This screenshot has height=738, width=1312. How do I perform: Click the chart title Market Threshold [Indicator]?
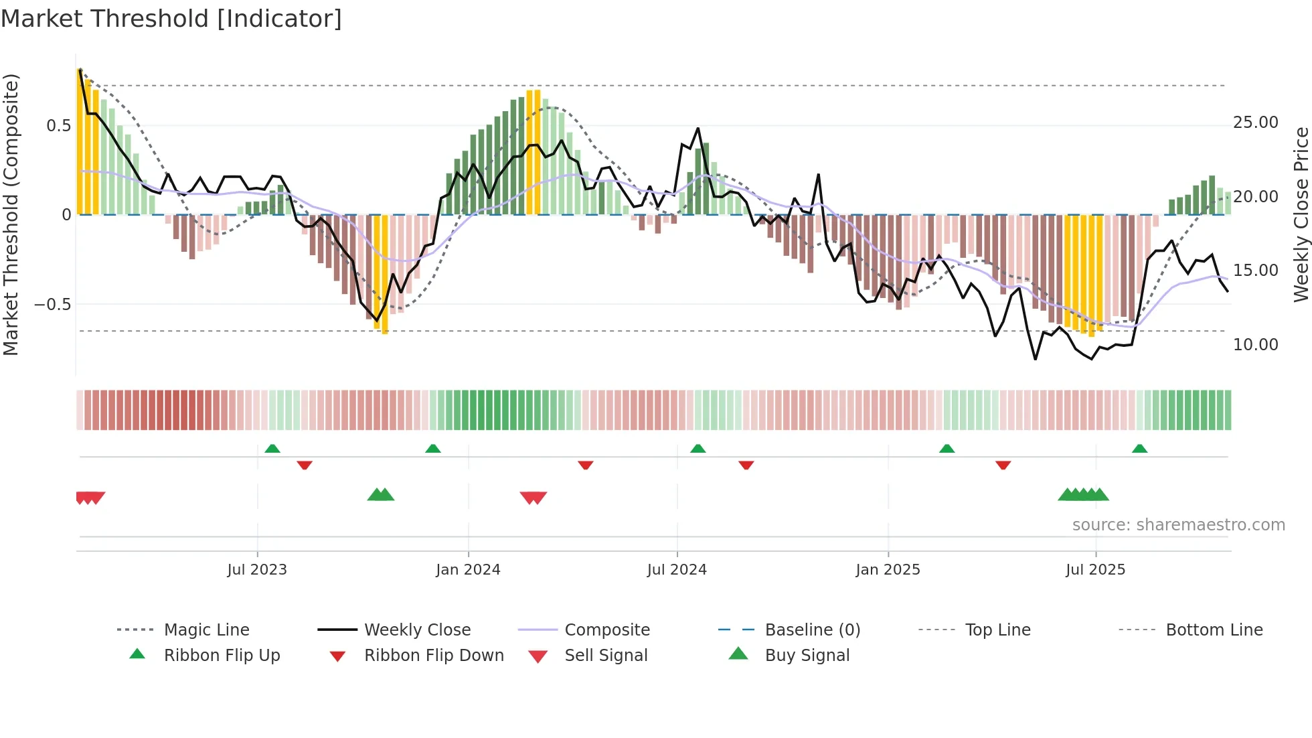(171, 19)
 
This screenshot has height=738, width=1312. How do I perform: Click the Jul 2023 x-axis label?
(257, 570)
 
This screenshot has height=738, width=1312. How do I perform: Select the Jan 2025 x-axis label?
(888, 570)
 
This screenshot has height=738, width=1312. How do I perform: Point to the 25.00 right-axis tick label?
(1255, 123)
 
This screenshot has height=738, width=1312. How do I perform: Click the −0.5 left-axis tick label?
(52, 305)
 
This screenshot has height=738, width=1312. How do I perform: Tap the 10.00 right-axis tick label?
(1255, 345)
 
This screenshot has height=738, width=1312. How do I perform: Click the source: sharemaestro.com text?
(1178, 525)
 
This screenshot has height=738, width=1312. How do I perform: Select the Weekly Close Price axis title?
(1301, 214)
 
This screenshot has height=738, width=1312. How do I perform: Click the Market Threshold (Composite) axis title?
(11, 214)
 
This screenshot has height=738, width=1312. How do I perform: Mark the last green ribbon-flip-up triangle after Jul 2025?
(1139, 449)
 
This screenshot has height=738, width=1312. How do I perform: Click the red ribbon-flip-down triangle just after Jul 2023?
(305, 465)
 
